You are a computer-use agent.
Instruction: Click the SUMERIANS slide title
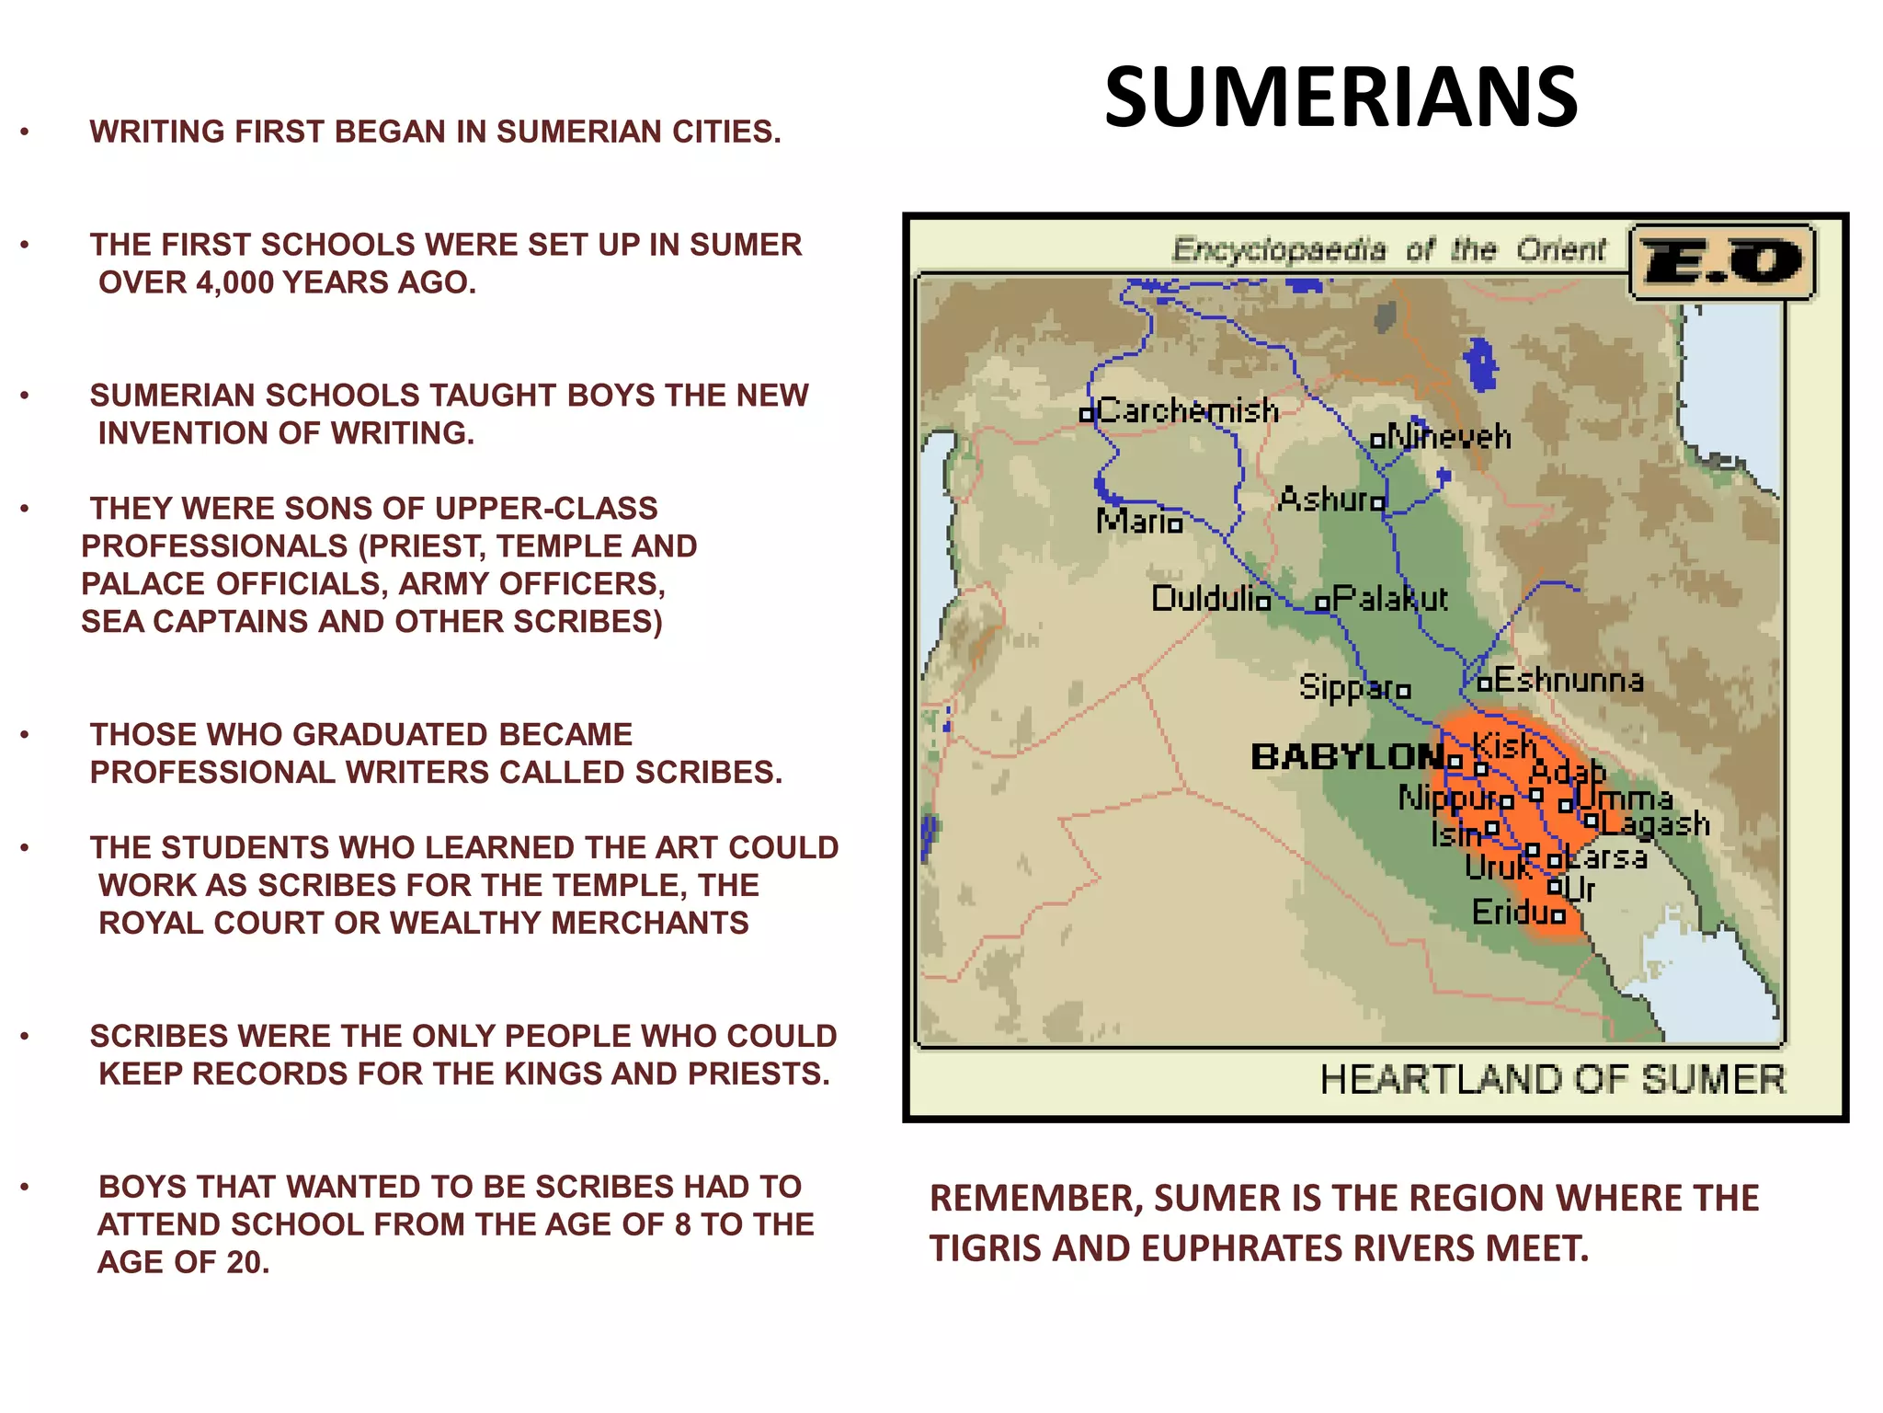click(x=1341, y=98)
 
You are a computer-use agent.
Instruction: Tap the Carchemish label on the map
click(x=1188, y=410)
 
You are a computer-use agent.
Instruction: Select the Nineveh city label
click(x=1449, y=436)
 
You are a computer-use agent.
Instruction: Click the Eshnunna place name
click(x=1569, y=681)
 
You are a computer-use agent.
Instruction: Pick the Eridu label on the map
click(x=1511, y=913)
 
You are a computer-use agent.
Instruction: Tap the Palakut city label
click(x=1390, y=599)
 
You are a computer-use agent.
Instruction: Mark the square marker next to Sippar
click(x=1403, y=691)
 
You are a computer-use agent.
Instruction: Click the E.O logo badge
click(x=1721, y=262)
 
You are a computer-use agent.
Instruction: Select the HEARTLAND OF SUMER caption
click(x=1552, y=1080)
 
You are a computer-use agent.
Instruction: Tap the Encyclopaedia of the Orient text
click(x=1388, y=250)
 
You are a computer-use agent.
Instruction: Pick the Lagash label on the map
click(x=1655, y=823)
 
